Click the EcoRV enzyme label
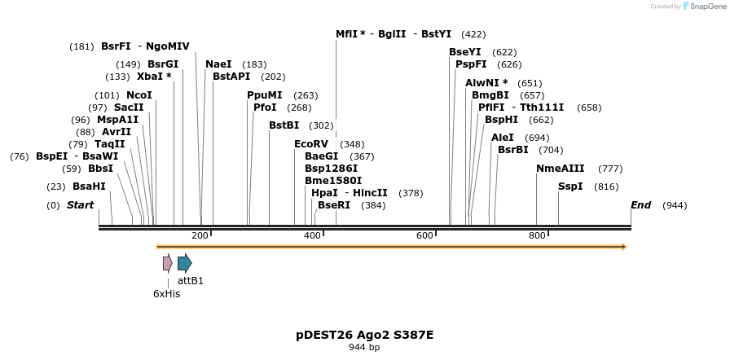[311, 144]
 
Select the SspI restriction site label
[570, 187]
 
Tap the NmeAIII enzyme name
[560, 169]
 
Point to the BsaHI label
[89, 187]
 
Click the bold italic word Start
[80, 205]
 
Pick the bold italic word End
[640, 205]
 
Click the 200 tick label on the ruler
[200, 236]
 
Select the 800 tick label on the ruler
[537, 236]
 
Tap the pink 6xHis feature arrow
[167, 263]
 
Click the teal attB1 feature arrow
[185, 263]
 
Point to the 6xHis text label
[166, 294]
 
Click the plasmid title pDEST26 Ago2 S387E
[364, 335]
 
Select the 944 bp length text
[364, 348]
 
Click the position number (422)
[473, 34]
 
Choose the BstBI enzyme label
[284, 125]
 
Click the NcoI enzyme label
[139, 95]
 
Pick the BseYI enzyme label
[465, 52]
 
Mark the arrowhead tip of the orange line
[625, 246]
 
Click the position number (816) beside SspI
[606, 187]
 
